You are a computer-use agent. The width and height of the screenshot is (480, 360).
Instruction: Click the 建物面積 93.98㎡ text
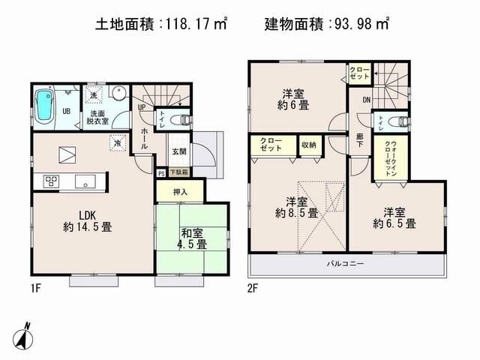tap(327, 25)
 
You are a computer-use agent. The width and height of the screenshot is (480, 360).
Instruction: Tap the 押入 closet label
tap(179, 193)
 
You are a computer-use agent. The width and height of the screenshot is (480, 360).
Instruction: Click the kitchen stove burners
tap(52, 180)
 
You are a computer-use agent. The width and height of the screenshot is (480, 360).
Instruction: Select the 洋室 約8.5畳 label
tap(296, 207)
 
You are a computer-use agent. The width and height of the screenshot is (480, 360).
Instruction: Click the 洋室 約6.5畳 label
tap(395, 217)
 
